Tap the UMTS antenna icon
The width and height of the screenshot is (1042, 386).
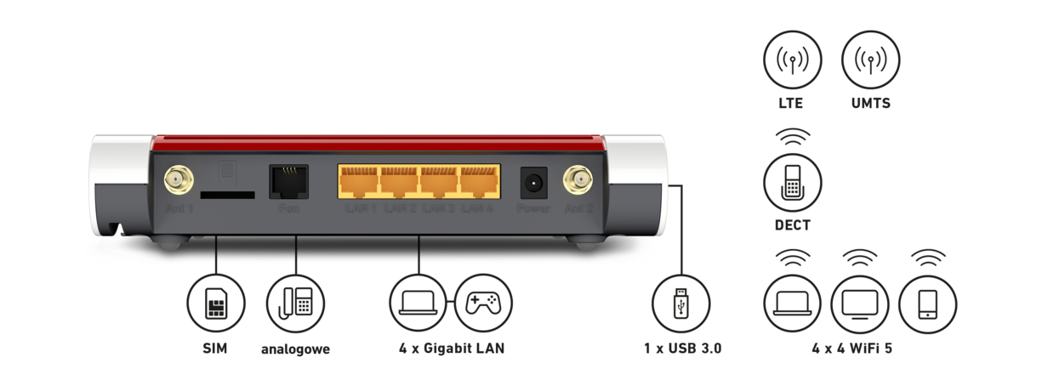[870, 60]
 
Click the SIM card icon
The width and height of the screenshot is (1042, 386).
[216, 303]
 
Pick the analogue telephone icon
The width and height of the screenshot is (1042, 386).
[295, 303]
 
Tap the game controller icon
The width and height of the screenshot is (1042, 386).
[483, 303]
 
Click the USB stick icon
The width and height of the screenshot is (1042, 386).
[680, 303]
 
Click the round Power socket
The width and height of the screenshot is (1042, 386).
[533, 182]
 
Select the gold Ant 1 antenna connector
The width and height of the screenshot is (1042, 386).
[179, 180]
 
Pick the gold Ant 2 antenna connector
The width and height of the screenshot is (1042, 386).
[578, 180]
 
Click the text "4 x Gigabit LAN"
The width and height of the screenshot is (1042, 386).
[451, 348]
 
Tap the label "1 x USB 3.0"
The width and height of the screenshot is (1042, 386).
[682, 348]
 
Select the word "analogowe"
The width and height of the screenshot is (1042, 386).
[295, 349]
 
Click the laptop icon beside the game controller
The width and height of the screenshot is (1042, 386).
[419, 303]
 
